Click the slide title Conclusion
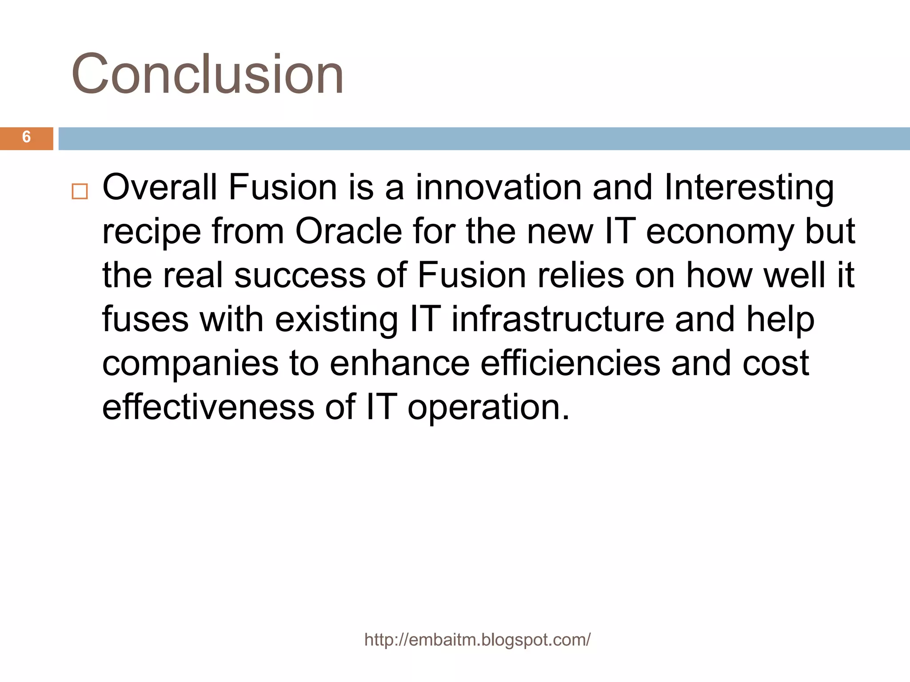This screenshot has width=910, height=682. (x=208, y=74)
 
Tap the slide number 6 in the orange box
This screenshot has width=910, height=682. (x=26, y=137)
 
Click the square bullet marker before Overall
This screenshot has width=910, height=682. (x=80, y=191)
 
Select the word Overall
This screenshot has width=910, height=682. (x=160, y=187)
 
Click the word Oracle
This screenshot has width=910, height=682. (x=348, y=231)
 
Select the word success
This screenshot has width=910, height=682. (x=300, y=275)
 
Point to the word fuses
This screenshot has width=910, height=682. (x=145, y=319)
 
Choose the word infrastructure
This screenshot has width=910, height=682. (x=558, y=319)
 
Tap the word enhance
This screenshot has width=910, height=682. (x=399, y=363)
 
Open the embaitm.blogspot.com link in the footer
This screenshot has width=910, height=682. (x=477, y=640)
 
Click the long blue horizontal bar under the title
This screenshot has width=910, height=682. (x=484, y=139)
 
